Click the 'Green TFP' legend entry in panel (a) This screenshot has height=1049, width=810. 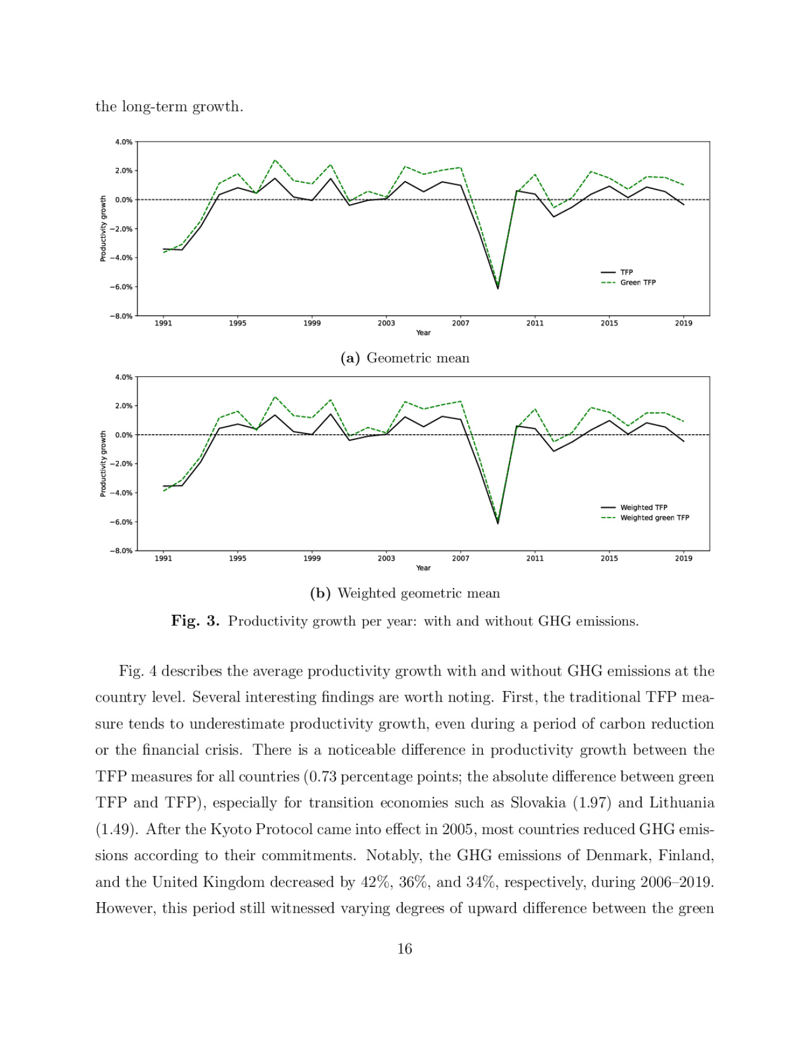tap(638, 283)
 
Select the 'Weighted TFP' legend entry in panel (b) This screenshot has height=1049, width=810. tap(643, 508)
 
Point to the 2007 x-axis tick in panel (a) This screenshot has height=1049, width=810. tap(461, 323)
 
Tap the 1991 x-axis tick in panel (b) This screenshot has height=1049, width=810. tap(163, 558)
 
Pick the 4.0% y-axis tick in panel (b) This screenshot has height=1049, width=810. tap(124, 377)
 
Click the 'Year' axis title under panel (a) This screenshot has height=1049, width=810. tap(423, 333)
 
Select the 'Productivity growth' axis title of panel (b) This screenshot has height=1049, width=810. tap(103, 464)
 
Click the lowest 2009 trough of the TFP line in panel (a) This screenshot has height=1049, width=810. tap(498, 288)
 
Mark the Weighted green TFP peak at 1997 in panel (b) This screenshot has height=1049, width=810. tap(275, 397)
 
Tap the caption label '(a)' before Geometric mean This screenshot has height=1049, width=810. tap(350, 358)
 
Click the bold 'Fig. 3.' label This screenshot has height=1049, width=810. tap(195, 621)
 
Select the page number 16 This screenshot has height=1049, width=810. tap(405, 949)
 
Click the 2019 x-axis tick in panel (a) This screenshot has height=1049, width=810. tap(684, 323)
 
